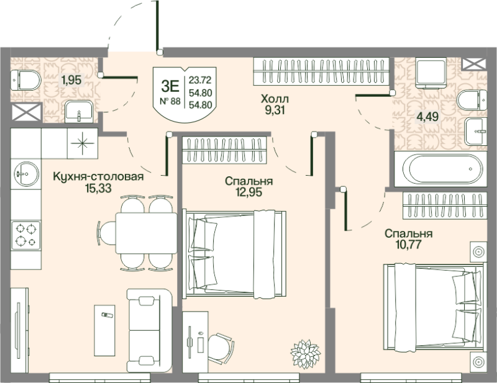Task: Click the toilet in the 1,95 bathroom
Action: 25,80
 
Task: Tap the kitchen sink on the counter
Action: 26,174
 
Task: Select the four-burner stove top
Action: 26,235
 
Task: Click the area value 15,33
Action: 98,189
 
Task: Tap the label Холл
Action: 275,99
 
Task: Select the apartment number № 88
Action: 170,101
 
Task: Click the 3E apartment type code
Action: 170,86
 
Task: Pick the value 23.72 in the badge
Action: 200,80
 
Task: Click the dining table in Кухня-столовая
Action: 146,233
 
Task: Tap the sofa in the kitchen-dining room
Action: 149,330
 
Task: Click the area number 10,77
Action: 408,245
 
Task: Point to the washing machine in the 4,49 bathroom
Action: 431,73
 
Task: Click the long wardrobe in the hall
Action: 321,71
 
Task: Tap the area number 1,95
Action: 71,80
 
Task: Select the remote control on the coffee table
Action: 107,315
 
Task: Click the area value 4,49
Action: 427,117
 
